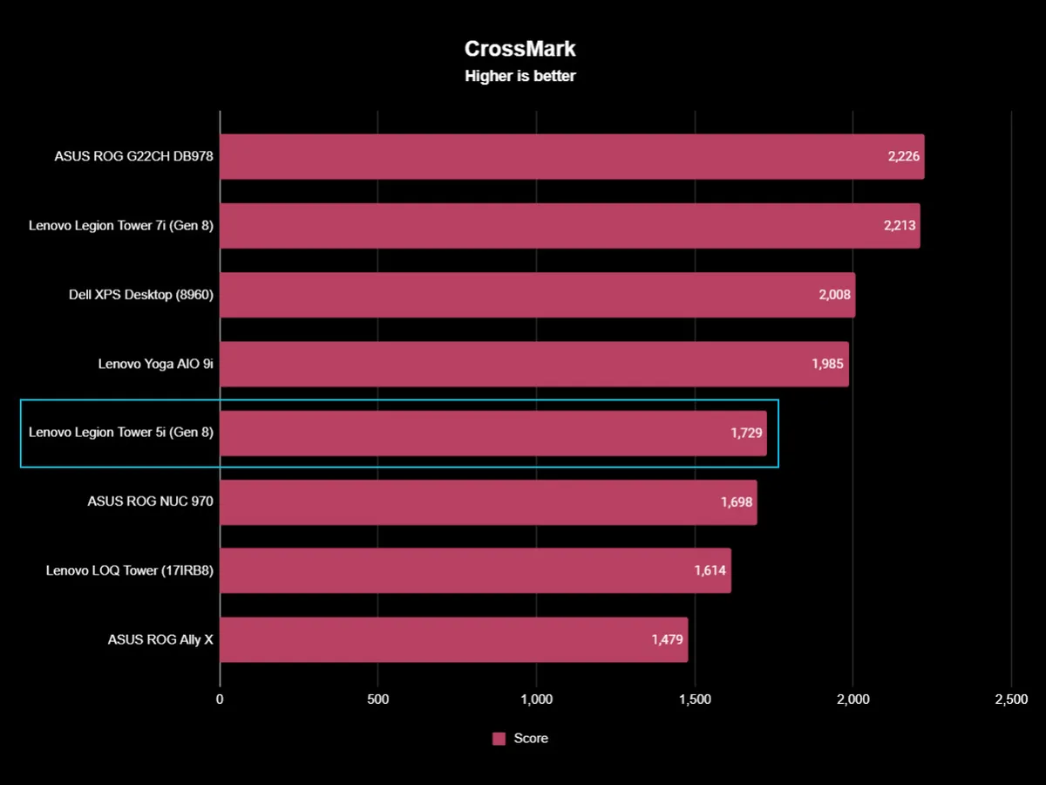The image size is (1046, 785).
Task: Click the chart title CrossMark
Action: [x=520, y=49]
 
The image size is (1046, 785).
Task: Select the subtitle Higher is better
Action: [x=520, y=76]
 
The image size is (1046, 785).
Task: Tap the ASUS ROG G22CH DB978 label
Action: [x=133, y=157]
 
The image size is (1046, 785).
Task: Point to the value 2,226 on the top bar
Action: [x=904, y=157]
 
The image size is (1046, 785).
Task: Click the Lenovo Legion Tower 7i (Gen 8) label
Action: [x=121, y=226]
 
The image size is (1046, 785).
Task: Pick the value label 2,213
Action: [x=900, y=226]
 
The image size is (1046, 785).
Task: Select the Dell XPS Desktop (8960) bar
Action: [x=537, y=295]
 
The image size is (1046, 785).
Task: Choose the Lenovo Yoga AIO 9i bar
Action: [x=533, y=364]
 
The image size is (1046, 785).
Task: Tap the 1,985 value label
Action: [x=828, y=364]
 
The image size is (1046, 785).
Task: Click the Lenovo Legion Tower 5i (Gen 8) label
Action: [x=121, y=433]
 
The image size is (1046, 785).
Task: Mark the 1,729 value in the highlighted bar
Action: [x=747, y=433]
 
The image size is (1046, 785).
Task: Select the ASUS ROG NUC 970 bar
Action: [x=488, y=502]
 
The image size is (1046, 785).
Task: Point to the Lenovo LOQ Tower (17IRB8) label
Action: [x=130, y=570]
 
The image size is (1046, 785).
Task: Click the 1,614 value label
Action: [x=710, y=570]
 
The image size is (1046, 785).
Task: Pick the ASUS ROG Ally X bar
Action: [x=453, y=639]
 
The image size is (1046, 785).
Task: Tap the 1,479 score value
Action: [x=668, y=639]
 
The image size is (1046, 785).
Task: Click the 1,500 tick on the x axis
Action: [x=695, y=700]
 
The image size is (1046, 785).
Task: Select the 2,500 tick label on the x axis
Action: [x=1010, y=700]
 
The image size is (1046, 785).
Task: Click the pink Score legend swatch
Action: [x=499, y=739]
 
